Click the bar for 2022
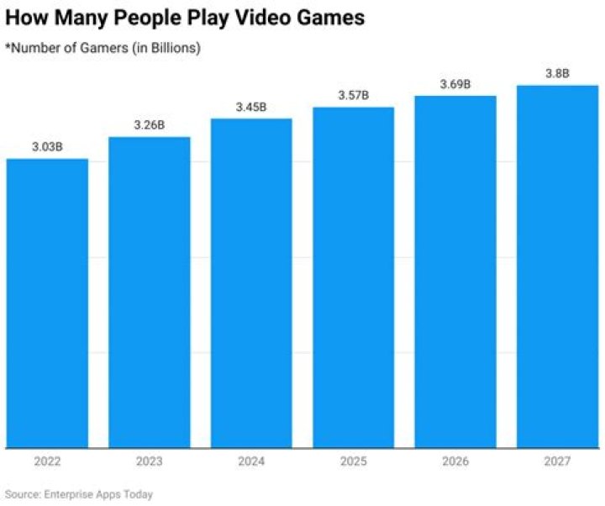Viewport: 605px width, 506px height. (x=47, y=303)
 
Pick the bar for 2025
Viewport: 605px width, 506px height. (x=353, y=277)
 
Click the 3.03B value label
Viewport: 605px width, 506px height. (x=47, y=147)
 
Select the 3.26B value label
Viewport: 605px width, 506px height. (x=150, y=125)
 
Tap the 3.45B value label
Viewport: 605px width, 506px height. (x=251, y=107)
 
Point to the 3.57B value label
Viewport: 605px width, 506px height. (x=353, y=95)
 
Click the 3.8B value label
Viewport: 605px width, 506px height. (x=557, y=73)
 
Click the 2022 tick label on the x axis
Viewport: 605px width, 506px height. (x=47, y=461)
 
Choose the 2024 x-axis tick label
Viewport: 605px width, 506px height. (x=251, y=461)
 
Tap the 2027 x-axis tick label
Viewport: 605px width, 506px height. (x=557, y=461)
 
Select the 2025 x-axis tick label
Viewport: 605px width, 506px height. (x=353, y=461)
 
